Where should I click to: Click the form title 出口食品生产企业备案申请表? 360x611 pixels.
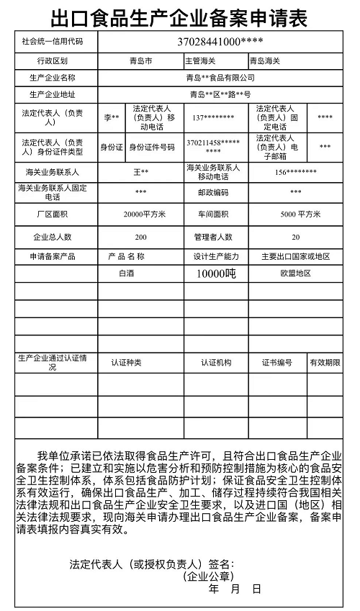[x=179, y=16]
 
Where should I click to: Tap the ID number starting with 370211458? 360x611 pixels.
[x=213, y=148]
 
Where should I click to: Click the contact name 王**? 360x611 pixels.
[x=141, y=173]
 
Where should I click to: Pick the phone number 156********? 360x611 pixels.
[x=295, y=173]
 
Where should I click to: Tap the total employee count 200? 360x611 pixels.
[x=141, y=237]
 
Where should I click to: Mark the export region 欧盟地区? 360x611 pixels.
[x=296, y=273]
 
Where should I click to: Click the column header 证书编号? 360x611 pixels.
[x=276, y=363]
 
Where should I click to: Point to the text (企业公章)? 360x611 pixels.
[x=208, y=577]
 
